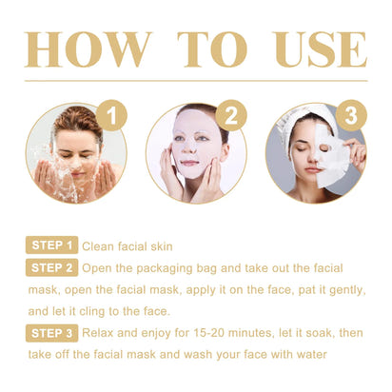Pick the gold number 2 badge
(x=230, y=118)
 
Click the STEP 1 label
(x=51, y=245)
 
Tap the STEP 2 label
(x=51, y=267)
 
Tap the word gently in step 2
(x=329, y=289)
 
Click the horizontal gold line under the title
(x=196, y=80)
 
